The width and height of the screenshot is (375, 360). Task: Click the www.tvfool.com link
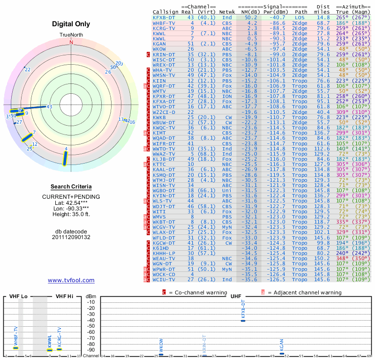[71, 280]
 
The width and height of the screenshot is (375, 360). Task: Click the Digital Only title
[71, 24]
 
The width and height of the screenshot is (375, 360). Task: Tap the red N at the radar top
[71, 42]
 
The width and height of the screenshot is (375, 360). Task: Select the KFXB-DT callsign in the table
[164, 17]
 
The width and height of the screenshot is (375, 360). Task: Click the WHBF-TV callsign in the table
[164, 22]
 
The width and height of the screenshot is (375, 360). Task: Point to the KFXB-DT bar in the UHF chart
[243, 320]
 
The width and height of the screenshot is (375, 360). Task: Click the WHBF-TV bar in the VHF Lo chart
[15, 348]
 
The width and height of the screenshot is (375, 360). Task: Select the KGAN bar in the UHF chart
[282, 353]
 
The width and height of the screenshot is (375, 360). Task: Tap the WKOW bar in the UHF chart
[161, 354]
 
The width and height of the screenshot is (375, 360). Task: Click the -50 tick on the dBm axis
[91, 326]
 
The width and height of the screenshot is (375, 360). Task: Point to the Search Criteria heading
[71, 187]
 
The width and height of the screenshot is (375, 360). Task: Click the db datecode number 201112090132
[71, 237]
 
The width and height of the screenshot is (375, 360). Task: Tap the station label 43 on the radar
[49, 107]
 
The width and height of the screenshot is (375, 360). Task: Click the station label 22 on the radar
[28, 70]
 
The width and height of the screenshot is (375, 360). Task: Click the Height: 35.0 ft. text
[71, 214]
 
